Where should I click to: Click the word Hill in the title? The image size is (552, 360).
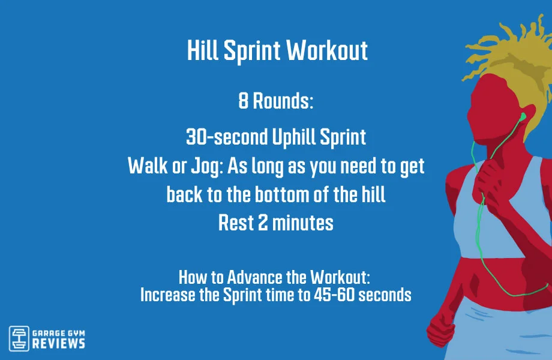pyautogui.click(x=203, y=51)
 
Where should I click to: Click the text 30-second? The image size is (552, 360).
pyautogui.click(x=226, y=137)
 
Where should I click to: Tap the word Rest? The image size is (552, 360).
pyautogui.click(x=236, y=223)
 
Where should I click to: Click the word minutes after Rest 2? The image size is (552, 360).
pyautogui.click(x=302, y=223)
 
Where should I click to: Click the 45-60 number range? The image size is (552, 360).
pyautogui.click(x=339, y=295)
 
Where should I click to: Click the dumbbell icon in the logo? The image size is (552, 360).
pyautogui.click(x=20, y=338)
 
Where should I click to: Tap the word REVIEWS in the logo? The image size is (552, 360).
pyautogui.click(x=58, y=343)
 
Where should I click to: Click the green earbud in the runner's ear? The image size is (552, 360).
pyautogui.click(x=523, y=116)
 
